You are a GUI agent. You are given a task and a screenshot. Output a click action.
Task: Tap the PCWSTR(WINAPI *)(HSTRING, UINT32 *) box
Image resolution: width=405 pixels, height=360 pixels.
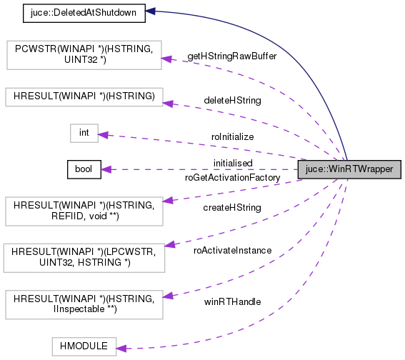pos(84,54)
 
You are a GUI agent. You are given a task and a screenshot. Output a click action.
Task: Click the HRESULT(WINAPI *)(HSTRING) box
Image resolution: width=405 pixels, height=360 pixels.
pos(84,96)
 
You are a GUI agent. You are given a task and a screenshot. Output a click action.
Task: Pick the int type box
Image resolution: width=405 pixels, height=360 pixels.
pos(83,133)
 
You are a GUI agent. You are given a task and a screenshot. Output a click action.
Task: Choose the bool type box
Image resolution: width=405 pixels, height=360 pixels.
pos(83,169)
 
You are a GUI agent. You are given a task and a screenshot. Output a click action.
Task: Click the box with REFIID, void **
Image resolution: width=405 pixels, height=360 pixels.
pos(84,207)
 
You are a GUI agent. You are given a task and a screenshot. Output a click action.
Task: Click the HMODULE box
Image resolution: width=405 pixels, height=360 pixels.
pos(83,346)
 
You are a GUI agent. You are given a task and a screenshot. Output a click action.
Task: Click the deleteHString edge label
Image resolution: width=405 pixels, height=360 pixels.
pos(232,101)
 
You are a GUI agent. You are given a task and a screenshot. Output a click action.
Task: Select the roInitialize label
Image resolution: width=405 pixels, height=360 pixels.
pos(232,136)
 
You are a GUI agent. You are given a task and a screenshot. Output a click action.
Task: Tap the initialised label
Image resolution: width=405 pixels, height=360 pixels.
pos(233,163)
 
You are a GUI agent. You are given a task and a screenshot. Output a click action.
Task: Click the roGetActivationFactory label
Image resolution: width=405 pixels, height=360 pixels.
pos(232,177)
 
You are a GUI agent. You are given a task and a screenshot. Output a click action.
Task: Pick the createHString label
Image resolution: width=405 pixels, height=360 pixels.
pos(232,208)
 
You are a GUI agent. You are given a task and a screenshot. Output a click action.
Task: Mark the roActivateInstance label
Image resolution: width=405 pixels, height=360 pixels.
pos(233,251)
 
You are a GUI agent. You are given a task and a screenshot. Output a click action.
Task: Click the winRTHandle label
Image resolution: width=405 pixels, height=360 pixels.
pos(232,301)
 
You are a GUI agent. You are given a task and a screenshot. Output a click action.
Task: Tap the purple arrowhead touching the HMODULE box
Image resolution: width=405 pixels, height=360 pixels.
pos(121,347)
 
